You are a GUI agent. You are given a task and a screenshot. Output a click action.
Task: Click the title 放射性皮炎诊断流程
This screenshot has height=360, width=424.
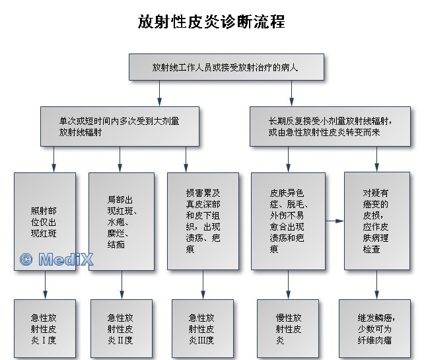click(x=211, y=22)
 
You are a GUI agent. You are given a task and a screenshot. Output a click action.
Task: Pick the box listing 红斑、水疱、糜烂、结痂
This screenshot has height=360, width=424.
click(x=122, y=222)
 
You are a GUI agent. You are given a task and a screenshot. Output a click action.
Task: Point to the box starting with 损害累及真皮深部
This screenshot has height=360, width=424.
click(x=203, y=221)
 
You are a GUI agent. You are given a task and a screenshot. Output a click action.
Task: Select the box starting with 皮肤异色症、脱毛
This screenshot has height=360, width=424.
click(x=288, y=221)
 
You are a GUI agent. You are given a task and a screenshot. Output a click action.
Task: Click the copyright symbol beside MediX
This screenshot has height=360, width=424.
click(x=26, y=260)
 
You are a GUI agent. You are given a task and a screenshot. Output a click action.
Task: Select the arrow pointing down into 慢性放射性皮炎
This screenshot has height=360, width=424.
click(x=288, y=285)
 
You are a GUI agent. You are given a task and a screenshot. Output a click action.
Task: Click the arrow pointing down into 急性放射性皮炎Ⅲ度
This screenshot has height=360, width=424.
click(x=203, y=285)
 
